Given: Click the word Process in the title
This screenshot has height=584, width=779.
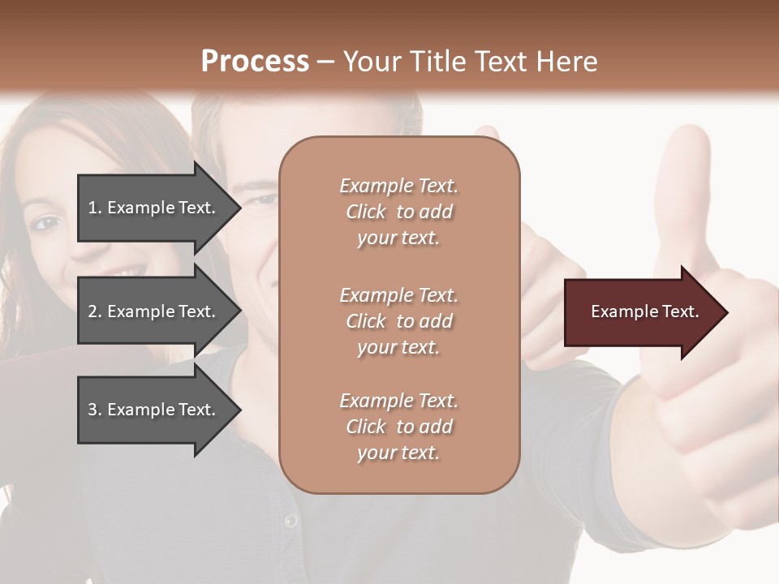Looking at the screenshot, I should (x=255, y=62).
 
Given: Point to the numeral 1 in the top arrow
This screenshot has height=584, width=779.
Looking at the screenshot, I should (x=93, y=208).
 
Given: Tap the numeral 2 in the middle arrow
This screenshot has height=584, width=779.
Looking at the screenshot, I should (x=93, y=311).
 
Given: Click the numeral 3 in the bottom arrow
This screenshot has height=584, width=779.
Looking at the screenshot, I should (x=93, y=410).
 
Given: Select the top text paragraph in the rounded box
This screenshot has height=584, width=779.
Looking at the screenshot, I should (x=398, y=212).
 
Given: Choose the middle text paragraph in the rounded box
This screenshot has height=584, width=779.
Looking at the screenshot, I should (x=398, y=320).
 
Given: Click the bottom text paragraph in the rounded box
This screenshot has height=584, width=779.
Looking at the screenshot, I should (x=398, y=427).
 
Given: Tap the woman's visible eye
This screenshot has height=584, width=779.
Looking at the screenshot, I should (x=47, y=221).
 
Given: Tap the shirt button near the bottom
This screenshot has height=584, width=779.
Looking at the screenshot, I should (x=290, y=520).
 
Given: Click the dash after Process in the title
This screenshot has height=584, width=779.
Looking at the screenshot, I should (x=326, y=62).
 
